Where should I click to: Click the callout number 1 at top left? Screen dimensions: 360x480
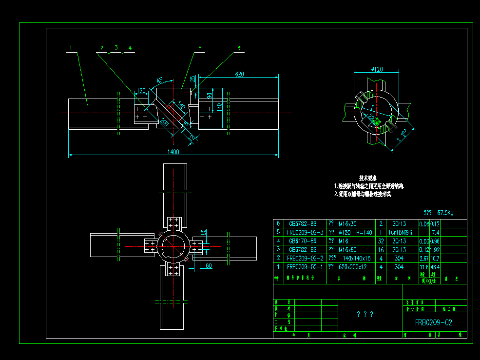pyautogui.click(x=71, y=48)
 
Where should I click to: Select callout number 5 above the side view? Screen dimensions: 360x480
pyautogui.click(x=200, y=48)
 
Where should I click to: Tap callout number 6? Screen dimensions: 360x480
pyautogui.click(x=239, y=48)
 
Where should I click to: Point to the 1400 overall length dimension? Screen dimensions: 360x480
pyautogui.click(x=173, y=152)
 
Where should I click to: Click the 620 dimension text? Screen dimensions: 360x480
pyautogui.click(x=239, y=74)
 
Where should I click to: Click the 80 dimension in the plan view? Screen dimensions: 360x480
pyautogui.click(x=204, y=233)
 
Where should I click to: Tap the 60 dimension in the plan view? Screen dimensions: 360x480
pyautogui.click(x=209, y=265)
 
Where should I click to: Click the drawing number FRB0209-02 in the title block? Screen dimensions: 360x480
pyautogui.click(x=434, y=322)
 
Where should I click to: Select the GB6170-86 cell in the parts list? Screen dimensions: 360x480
pyautogui.click(x=303, y=241)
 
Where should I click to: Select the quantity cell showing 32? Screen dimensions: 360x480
pyautogui.click(x=381, y=241)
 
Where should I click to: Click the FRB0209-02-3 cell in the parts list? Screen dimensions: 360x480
pyautogui.click(x=305, y=232)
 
